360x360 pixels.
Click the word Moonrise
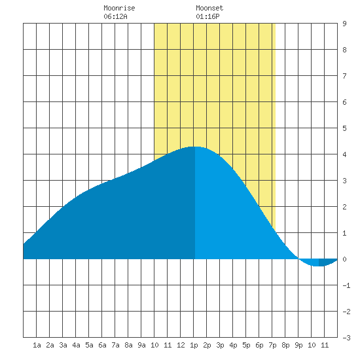(119, 8)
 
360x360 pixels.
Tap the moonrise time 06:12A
(115, 16)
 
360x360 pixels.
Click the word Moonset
(209, 8)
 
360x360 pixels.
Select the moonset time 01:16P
(207, 16)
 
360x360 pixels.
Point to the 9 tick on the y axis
(344, 24)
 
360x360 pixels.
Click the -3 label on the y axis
(346, 338)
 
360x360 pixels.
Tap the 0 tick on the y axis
(344, 259)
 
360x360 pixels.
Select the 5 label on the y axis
(344, 128)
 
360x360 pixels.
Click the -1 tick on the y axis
(346, 285)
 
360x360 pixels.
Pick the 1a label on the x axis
(37, 345)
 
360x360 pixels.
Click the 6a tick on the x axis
(102, 345)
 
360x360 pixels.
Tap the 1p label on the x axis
(194, 345)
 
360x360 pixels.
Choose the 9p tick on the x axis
(298, 345)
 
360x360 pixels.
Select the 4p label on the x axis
(233, 345)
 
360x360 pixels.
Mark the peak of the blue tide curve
(195, 147)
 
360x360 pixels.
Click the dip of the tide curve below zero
(318, 266)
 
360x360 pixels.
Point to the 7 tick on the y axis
(344, 76)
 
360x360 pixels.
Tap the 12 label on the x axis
(181, 345)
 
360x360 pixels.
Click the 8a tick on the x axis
(128, 345)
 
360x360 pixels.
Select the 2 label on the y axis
(344, 207)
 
